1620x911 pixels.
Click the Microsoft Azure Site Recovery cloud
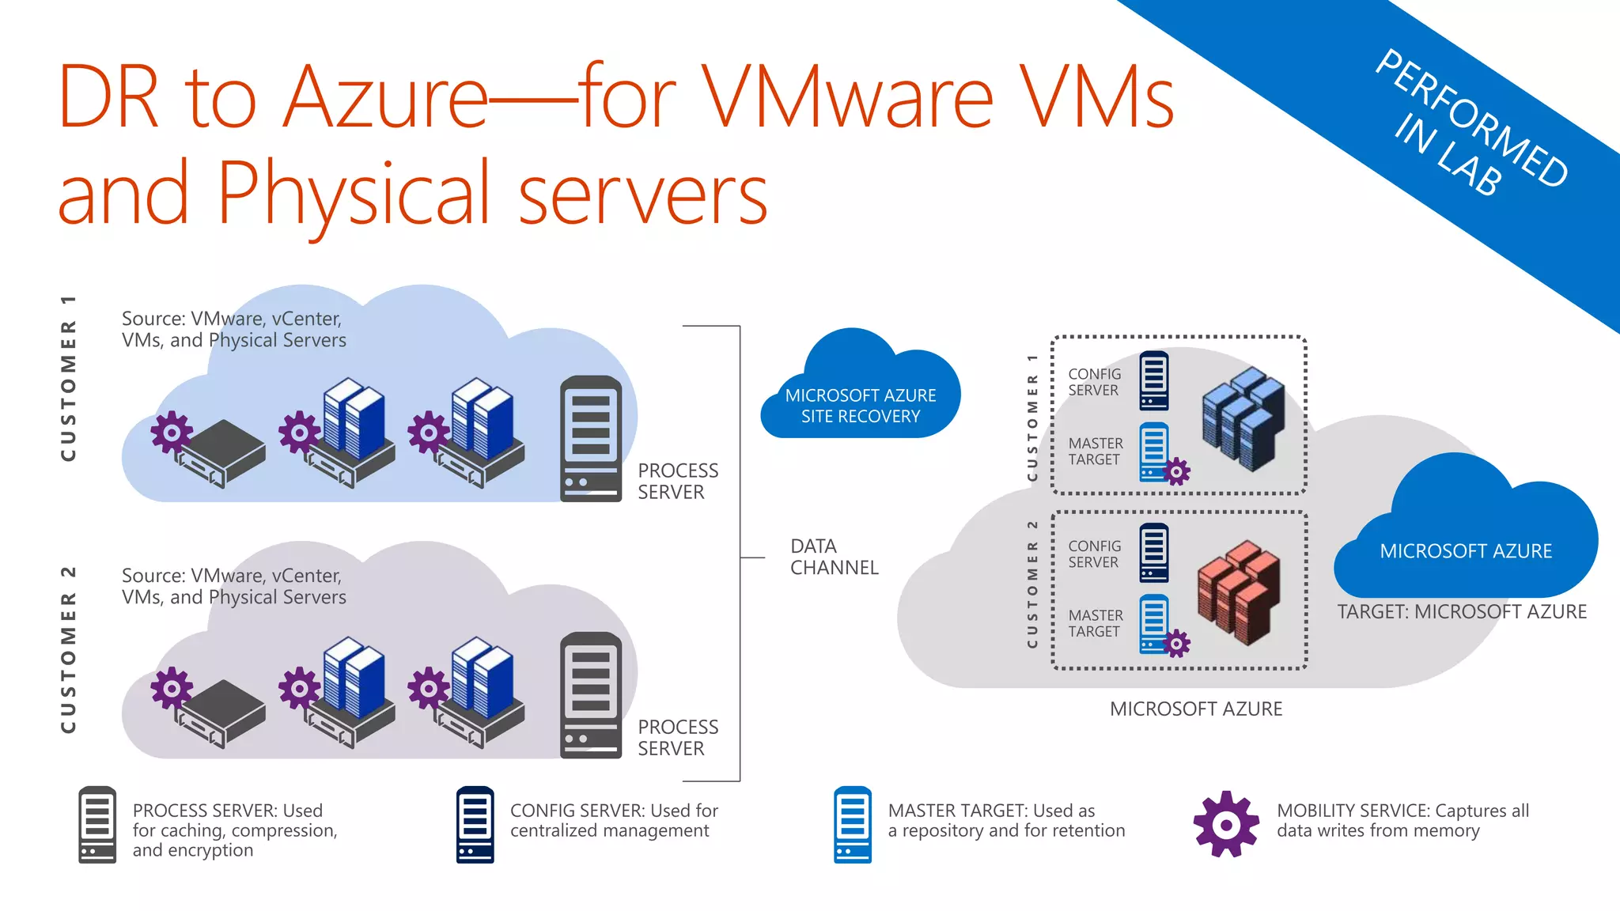coord(860,395)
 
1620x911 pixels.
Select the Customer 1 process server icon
coord(590,439)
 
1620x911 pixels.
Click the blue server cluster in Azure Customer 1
coord(1242,419)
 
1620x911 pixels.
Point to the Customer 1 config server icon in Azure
coord(1153,381)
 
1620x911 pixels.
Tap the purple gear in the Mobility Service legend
coord(1225,824)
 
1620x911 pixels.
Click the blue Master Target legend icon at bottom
coord(852,824)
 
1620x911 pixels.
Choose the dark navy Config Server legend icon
coord(475,824)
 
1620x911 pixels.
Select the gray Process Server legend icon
coord(97,824)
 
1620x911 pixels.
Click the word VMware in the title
coord(846,99)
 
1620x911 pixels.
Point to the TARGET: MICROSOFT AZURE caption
coord(1461,611)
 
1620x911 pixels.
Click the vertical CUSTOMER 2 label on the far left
coord(69,648)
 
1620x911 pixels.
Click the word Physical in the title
coord(354,194)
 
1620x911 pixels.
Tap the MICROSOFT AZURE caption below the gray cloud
coord(1195,709)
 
